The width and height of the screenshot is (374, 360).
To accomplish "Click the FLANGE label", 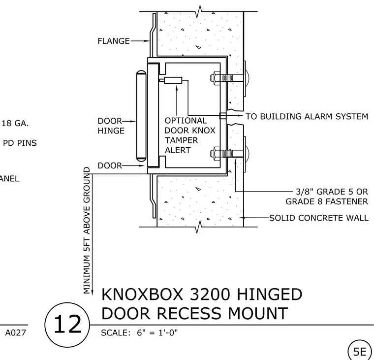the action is coord(114,41).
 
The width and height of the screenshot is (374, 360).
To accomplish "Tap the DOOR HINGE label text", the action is coord(111,126).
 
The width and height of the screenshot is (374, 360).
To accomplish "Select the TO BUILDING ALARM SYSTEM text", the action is coord(307,117).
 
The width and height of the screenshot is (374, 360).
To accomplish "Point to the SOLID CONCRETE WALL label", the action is coord(319,218).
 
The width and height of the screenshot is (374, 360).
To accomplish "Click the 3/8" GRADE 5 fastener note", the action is coord(327,196).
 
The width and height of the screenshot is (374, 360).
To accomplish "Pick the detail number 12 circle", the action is coord(67,325).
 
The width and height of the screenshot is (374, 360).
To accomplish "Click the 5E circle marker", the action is coord(359,351).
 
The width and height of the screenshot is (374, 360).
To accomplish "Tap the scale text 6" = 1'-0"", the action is coord(157,332).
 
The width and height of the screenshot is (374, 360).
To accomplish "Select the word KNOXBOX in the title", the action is coord(142,294).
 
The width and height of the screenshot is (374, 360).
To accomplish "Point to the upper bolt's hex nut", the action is coord(215,78).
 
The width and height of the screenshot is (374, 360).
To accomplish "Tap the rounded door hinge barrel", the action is coord(141,115).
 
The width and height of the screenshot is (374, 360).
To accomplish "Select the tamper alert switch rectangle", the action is coord(173,80).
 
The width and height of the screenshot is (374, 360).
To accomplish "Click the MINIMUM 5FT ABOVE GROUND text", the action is coord(87,230).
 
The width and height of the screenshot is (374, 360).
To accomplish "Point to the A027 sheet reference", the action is coord(16,332).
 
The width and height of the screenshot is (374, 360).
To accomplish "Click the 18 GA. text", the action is coord(15,124).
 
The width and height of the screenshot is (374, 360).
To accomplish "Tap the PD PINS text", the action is coord(20,143).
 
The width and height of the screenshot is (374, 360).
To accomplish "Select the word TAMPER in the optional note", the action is coord(181,140).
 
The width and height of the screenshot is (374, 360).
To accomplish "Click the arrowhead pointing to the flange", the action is coord(147,41).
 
